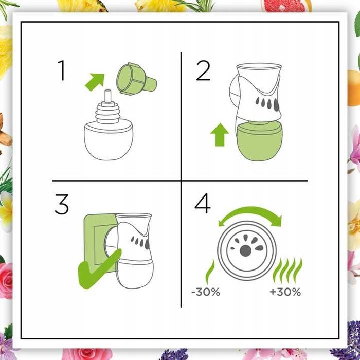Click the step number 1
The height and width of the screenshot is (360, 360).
[x=62, y=70]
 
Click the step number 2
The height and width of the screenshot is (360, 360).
[x=203, y=70]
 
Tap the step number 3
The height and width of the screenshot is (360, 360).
[x=62, y=204]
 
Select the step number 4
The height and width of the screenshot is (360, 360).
[x=203, y=204]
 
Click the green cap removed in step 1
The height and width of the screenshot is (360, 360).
[x=136, y=79]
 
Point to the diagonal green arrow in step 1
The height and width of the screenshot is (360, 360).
[x=95, y=82]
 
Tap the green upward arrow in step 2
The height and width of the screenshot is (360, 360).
[x=220, y=135]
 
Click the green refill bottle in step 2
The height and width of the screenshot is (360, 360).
[x=259, y=140]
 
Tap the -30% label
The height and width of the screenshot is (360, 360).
[x=206, y=292]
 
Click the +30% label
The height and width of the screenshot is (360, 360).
[x=285, y=292]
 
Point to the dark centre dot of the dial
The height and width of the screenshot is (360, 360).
[x=245, y=251]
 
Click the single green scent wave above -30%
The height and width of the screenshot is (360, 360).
[x=210, y=272]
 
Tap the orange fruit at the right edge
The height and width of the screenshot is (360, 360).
[x=354, y=88]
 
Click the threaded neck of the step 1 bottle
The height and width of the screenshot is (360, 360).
[x=107, y=113]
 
